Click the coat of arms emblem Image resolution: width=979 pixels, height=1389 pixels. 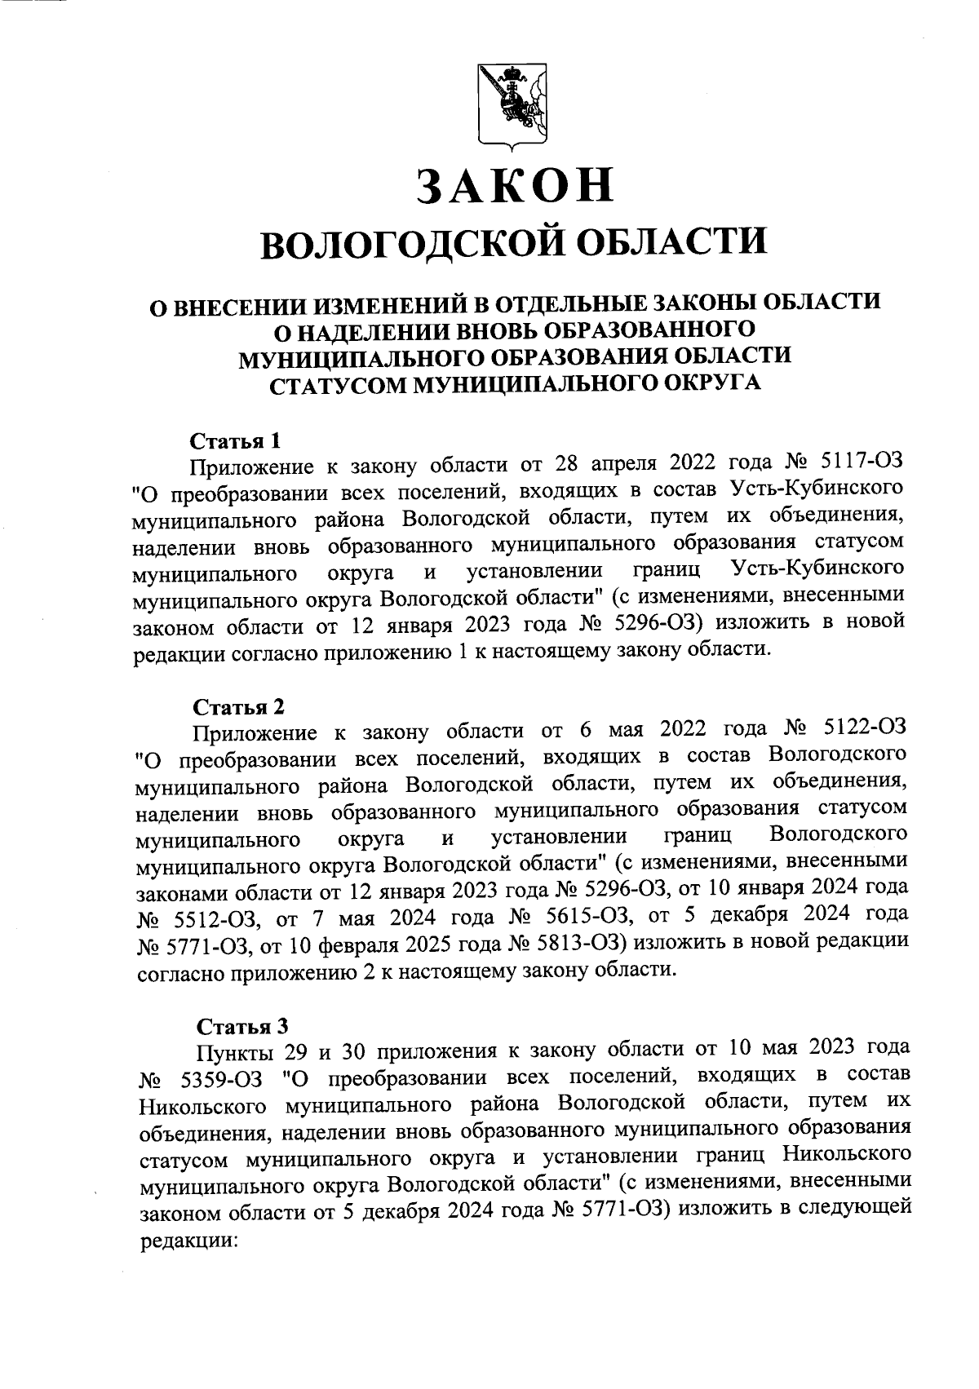(512, 108)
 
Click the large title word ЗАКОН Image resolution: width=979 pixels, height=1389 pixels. (514, 186)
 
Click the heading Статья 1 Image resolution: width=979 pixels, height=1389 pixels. (236, 442)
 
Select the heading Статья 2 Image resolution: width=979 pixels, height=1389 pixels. (238, 705)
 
